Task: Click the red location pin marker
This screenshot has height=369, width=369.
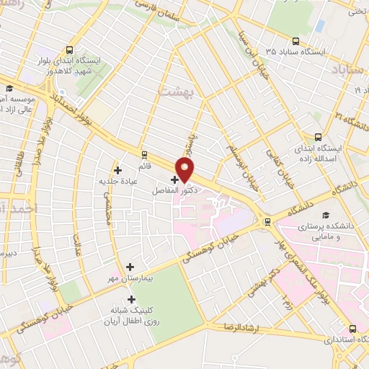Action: pos(185,169)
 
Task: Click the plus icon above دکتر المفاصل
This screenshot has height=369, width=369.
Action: pos(174,179)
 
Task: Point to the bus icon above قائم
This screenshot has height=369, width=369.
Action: pos(145,154)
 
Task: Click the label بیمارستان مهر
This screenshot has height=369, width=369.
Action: pos(129,279)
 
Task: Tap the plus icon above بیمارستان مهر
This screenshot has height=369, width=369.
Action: pos(130,267)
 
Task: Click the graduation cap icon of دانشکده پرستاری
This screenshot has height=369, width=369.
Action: pos(326,215)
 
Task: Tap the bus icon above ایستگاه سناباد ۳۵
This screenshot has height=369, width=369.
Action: pos(295,42)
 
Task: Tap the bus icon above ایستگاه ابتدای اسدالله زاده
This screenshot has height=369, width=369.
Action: pos(318,136)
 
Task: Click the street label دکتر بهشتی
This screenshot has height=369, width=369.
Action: pos(256,283)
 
